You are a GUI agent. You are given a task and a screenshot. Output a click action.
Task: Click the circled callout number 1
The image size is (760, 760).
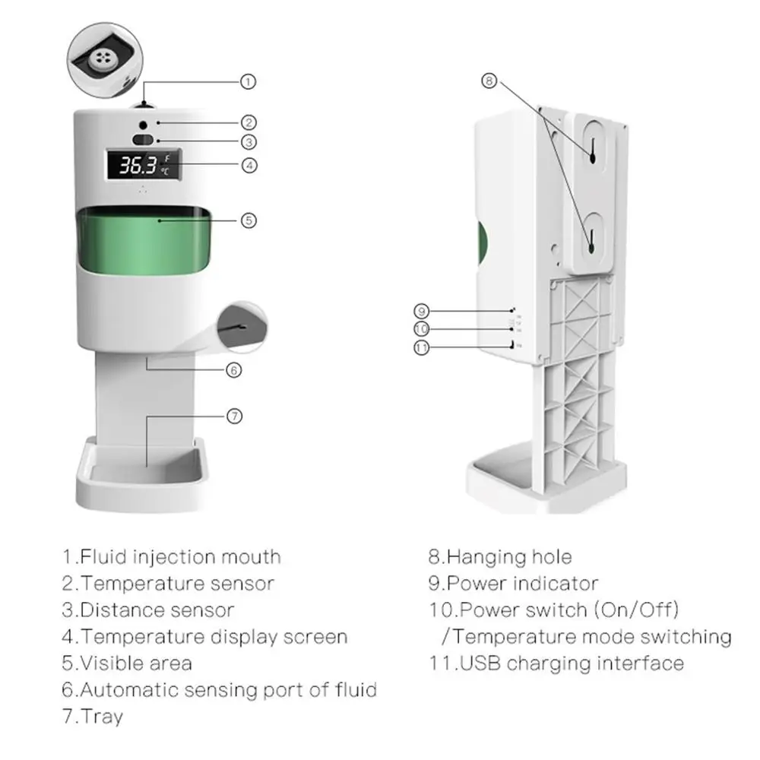click(249, 81)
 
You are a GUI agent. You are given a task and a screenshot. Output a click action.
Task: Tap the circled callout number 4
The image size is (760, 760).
click(249, 164)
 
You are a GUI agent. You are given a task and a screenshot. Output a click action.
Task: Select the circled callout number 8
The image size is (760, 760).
click(489, 81)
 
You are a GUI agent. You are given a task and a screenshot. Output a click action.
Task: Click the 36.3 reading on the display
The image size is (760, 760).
click(138, 165)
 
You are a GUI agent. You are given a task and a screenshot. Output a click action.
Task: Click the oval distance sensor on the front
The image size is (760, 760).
click(143, 140)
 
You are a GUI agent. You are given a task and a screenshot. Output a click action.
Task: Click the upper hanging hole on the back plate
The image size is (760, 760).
click(591, 150)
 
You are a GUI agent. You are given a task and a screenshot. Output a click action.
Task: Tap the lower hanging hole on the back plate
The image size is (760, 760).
click(591, 241)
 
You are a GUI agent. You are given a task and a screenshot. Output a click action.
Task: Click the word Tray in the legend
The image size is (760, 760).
click(101, 716)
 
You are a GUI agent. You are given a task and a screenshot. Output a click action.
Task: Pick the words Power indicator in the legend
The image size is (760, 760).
click(522, 584)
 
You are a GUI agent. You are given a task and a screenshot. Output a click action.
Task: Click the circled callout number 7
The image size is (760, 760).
click(235, 416)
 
